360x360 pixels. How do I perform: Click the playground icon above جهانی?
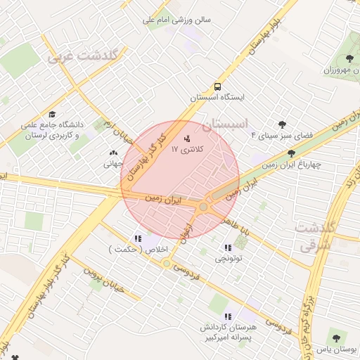point(114,153)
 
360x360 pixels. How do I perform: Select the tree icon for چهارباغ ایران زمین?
point(291,153)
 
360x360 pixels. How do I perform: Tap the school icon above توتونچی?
point(227,247)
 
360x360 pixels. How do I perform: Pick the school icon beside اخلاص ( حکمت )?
point(138,238)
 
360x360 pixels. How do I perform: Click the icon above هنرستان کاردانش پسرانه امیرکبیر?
point(227,316)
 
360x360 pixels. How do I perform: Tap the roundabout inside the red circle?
point(204,207)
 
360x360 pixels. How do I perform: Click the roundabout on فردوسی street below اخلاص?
point(167,264)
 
